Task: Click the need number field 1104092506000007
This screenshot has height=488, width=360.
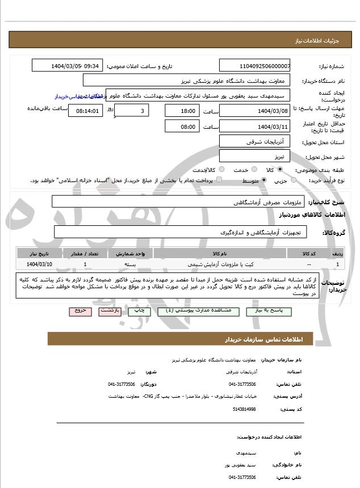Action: [x=254, y=66]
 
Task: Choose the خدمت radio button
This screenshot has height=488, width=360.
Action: [x=254, y=170]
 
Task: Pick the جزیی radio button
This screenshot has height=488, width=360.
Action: [x=294, y=180]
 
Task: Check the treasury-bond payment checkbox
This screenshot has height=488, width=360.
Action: [x=219, y=180]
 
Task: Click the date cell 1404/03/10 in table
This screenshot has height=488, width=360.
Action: [x=40, y=264]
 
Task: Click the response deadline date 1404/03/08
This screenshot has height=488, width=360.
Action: [x=254, y=111]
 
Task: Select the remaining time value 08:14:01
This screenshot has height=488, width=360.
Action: [x=86, y=111]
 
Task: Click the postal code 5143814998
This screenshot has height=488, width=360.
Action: [x=244, y=409]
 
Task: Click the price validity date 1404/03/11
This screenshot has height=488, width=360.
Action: [x=254, y=126]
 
